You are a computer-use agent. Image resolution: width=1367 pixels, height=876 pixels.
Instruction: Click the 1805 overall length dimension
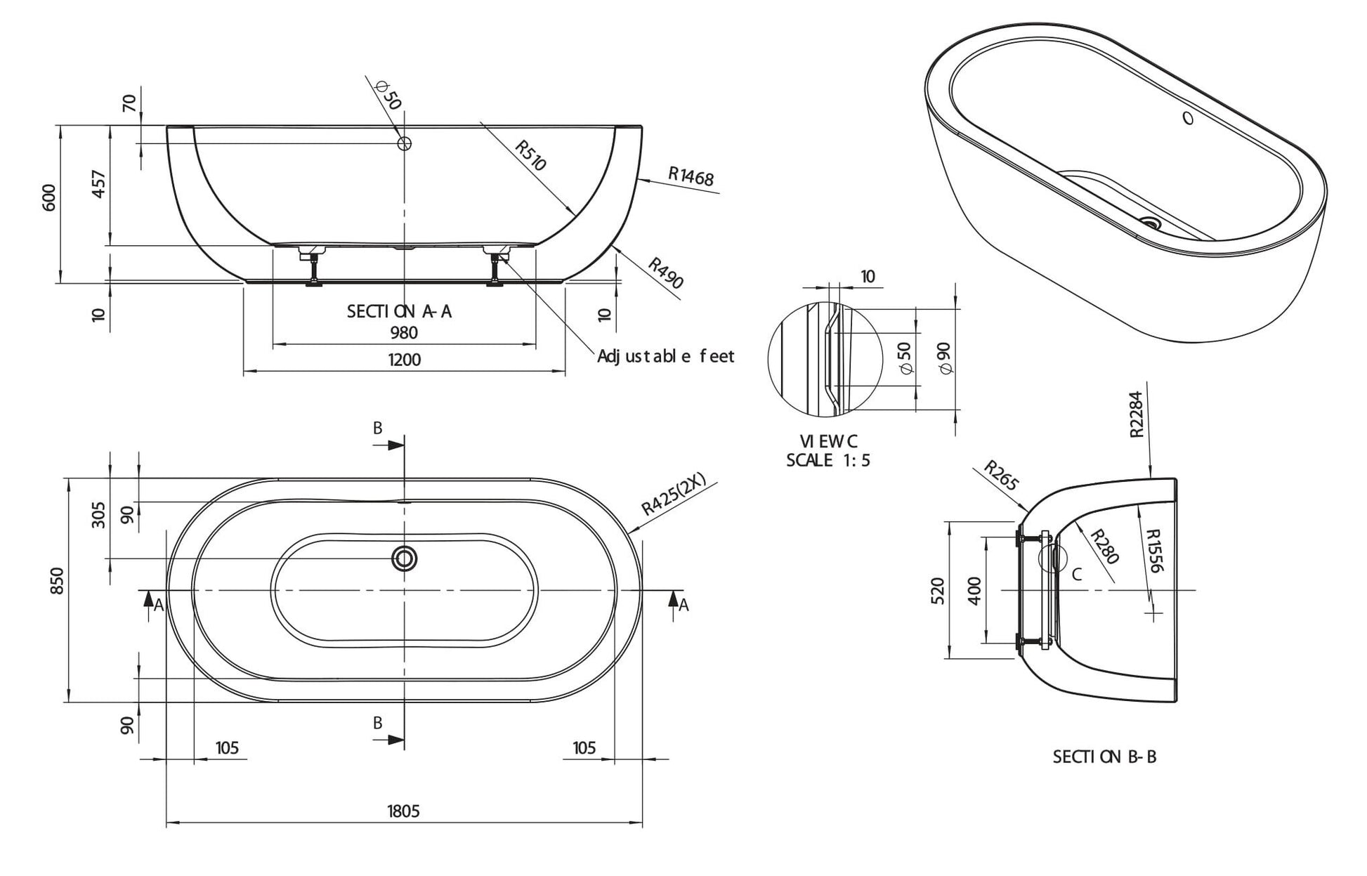point(403,811)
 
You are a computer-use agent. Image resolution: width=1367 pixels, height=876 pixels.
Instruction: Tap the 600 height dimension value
point(50,198)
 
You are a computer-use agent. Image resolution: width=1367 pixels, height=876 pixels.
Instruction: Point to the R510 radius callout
point(530,155)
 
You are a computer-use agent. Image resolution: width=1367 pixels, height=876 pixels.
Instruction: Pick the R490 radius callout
point(665,273)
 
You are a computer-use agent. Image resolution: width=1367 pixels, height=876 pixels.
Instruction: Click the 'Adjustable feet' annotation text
point(665,357)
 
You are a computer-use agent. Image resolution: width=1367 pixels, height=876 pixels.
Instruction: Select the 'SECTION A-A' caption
point(399,311)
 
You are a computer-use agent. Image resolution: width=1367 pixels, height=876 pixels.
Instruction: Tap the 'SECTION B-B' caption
point(1104,757)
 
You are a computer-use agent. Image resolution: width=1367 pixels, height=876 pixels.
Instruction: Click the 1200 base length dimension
point(405,360)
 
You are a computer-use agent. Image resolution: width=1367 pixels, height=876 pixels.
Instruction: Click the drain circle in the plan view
point(405,559)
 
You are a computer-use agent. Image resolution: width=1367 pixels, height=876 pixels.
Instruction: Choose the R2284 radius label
point(1137,414)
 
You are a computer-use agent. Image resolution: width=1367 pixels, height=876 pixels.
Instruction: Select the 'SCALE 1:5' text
point(828,461)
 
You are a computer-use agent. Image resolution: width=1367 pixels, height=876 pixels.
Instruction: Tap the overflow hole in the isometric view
point(1188,118)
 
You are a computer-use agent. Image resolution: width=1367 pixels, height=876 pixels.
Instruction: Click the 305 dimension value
point(99,514)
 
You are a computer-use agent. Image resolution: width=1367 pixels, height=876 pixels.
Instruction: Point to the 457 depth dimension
point(99,184)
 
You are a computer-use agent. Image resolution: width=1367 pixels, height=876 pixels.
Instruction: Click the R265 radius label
point(1000,475)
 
